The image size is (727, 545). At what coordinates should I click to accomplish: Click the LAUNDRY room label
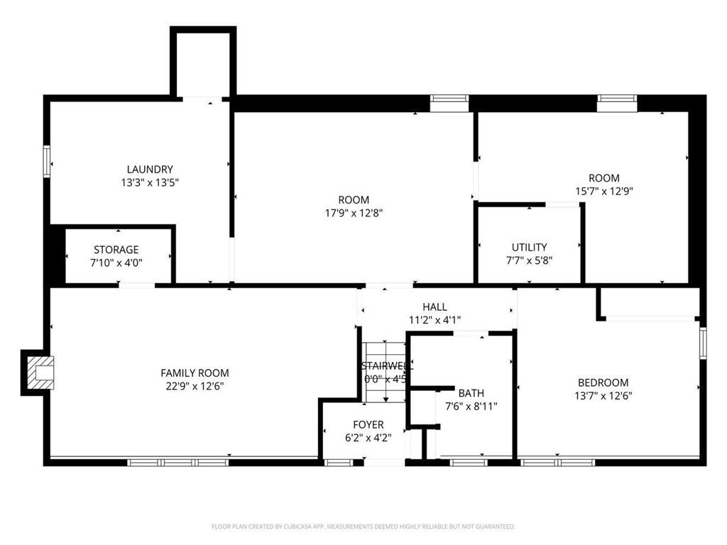[149, 170]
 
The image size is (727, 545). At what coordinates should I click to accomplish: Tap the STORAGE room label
[116, 250]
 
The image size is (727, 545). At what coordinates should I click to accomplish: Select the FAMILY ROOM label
[195, 373]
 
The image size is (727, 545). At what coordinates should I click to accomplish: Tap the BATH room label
[471, 393]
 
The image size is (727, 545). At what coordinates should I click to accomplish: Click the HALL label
[434, 307]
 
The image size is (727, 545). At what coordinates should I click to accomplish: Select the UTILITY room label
[529, 247]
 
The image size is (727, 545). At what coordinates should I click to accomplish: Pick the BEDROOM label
[603, 382]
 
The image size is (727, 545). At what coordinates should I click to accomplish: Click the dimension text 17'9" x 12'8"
[354, 212]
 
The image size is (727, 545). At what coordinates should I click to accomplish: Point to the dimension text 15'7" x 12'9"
[603, 190]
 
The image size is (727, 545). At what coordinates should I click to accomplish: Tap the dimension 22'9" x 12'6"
[195, 386]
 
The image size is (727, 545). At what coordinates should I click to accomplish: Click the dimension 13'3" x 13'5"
[149, 182]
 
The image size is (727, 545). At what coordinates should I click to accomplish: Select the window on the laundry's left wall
[47, 160]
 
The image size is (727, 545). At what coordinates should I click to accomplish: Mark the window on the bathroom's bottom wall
[469, 462]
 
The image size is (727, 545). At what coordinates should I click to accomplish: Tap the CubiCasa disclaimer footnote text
[363, 527]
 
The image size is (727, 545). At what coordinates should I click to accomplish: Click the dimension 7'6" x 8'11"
[471, 407]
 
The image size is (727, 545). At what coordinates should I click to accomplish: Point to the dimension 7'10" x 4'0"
[116, 263]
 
